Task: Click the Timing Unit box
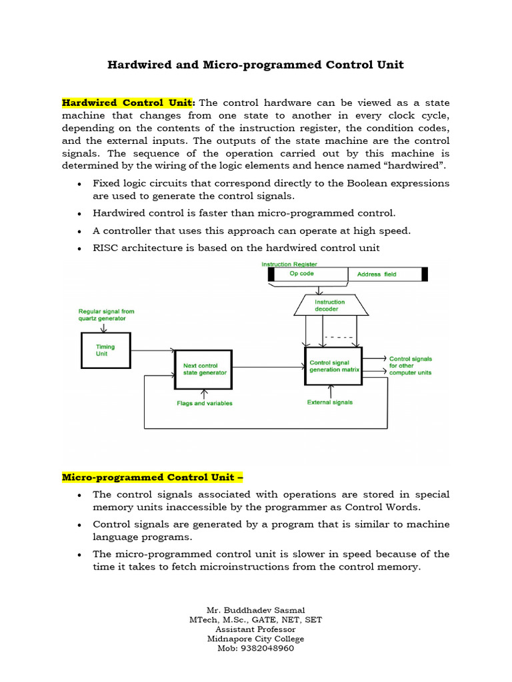[106, 350]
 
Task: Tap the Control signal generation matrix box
[333, 366]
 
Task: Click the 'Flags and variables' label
[205, 403]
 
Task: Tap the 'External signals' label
[329, 402]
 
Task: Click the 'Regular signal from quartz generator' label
[106, 314]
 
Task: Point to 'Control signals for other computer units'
[411, 366]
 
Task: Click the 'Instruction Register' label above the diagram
[289, 264]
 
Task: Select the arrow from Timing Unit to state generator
[153, 350]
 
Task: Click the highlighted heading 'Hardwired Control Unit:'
[129, 103]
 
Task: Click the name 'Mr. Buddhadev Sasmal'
[255, 609]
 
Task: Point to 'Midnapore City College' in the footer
[255, 639]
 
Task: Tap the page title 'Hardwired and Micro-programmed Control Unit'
[255, 65]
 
